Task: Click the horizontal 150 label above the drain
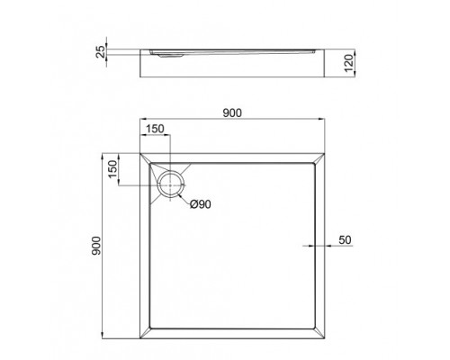(154, 129)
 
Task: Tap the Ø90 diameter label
(201, 205)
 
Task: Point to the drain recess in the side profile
(171, 54)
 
